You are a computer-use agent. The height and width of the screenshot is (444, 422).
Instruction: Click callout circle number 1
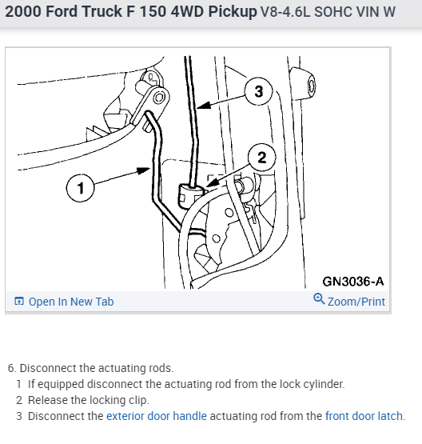(80, 188)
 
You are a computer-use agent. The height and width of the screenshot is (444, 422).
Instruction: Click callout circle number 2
(261, 158)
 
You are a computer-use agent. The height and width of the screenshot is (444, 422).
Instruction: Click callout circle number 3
(258, 91)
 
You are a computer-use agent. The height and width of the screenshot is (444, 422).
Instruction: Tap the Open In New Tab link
(71, 302)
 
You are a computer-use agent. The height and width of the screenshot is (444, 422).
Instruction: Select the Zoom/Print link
(356, 302)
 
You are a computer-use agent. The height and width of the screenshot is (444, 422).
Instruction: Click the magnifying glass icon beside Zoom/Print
(319, 299)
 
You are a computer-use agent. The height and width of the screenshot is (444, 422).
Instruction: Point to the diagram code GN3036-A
(353, 282)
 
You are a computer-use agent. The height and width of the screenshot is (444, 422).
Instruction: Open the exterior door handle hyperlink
(157, 416)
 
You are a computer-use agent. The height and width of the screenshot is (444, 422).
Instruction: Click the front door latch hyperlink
(364, 416)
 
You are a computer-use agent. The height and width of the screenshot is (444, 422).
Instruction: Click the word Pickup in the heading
(233, 12)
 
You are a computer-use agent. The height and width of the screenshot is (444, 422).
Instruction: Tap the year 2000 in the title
(23, 12)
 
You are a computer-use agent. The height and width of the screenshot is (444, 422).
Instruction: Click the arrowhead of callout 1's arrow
(144, 170)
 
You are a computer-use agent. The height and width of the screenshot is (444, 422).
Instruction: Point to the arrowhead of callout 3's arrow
(204, 106)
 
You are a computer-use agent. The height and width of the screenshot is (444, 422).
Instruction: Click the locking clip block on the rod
(190, 196)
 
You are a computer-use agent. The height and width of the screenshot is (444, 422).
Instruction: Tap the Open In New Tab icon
(19, 301)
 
